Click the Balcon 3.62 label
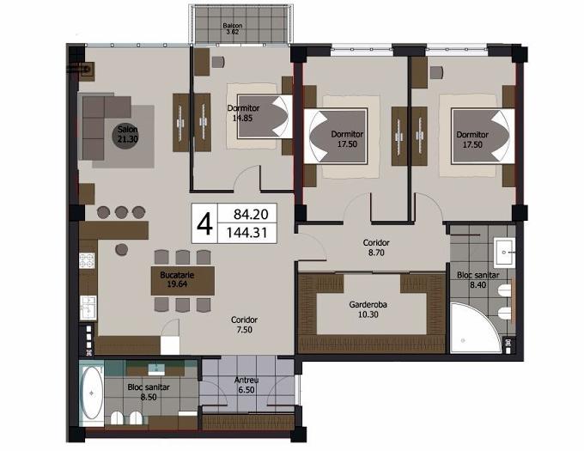(233, 28)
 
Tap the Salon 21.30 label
(128, 135)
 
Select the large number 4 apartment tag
(204, 224)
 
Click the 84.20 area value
(251, 214)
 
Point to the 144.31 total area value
(247, 233)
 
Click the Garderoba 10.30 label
(368, 309)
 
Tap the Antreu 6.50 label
(246, 385)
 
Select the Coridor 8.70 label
(376, 247)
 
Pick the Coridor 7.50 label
(244, 325)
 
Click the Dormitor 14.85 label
(243, 113)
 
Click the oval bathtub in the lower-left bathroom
(92, 393)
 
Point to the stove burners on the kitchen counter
(87, 260)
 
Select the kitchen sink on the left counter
(88, 308)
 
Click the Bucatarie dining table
(182, 280)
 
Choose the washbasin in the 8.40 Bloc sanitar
(504, 253)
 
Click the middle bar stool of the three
(121, 212)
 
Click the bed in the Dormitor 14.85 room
(265, 116)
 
